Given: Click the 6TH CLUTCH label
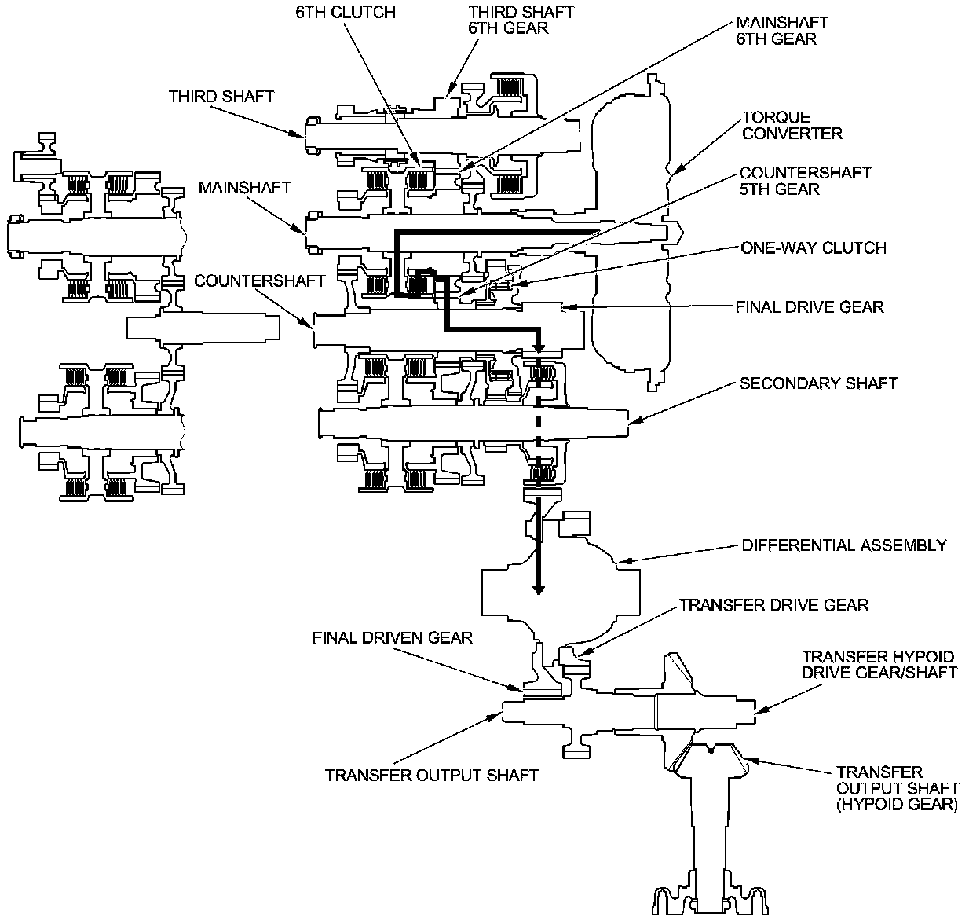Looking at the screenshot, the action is click(x=346, y=13).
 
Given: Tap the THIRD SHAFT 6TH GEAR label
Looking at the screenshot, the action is click(x=521, y=20).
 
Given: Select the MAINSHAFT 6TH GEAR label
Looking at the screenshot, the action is click(x=782, y=31).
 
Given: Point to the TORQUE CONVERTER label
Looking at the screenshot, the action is click(x=792, y=126).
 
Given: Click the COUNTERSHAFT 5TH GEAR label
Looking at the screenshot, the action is click(x=806, y=181).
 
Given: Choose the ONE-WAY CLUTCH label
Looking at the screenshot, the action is click(x=814, y=248).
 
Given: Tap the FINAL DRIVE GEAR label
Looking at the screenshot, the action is click(x=810, y=307).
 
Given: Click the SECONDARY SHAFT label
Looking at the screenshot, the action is click(x=818, y=383).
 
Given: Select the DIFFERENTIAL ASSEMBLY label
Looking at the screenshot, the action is click(x=844, y=545).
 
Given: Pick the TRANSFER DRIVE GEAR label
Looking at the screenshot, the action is click(x=773, y=605).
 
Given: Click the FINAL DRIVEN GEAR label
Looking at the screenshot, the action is click(x=393, y=637).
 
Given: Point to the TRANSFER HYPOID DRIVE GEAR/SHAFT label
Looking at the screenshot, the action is click(x=879, y=664).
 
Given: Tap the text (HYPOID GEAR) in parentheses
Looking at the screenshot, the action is click(x=897, y=805).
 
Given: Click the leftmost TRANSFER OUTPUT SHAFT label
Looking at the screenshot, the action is click(x=431, y=776).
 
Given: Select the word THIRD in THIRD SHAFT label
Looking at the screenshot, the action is click(x=192, y=97).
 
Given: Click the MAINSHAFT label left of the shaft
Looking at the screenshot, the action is click(x=245, y=188).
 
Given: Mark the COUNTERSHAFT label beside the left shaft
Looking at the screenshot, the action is click(x=260, y=281).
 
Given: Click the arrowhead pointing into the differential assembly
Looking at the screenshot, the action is click(x=539, y=589).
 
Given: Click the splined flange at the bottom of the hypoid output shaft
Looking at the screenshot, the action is click(x=710, y=893).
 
